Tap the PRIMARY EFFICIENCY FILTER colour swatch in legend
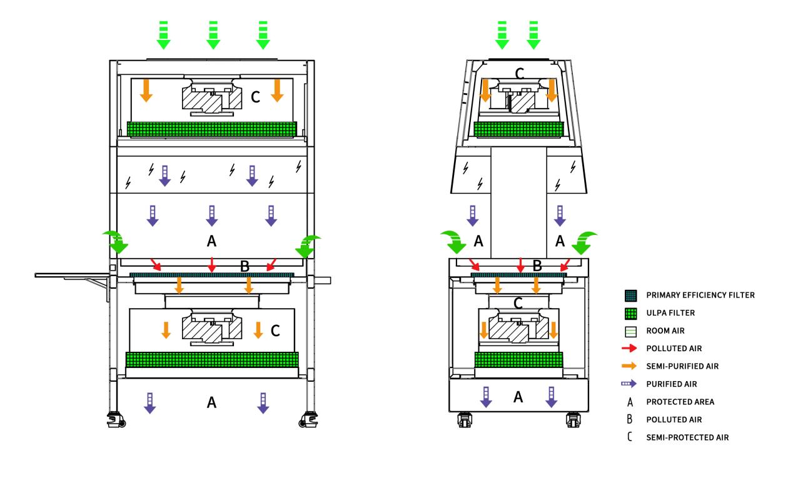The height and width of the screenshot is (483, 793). pyautogui.click(x=631, y=295)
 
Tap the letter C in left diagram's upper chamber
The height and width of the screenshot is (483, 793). pyautogui.click(x=255, y=97)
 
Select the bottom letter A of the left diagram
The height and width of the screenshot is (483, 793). pyautogui.click(x=211, y=404)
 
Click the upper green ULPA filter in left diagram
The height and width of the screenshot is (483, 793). pyautogui.click(x=211, y=129)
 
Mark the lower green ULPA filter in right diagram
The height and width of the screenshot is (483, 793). pyautogui.click(x=518, y=361)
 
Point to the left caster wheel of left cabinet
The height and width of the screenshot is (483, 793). pyautogui.click(x=116, y=419)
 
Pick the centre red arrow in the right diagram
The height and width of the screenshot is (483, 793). pyautogui.click(x=520, y=264)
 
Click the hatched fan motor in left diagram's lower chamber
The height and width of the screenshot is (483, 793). pyautogui.click(x=211, y=329)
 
